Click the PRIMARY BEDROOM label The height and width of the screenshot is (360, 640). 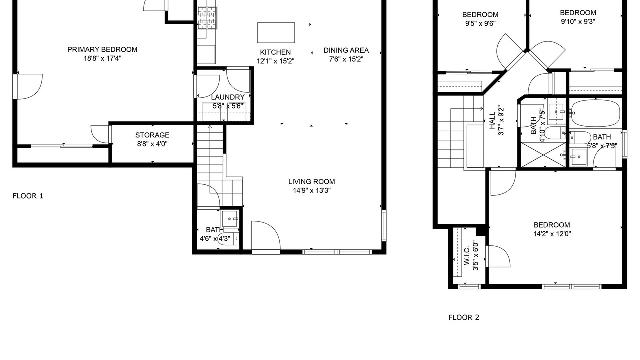(x=102, y=49)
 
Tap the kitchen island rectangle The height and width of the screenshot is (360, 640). (x=276, y=33)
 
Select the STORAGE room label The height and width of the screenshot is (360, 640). (x=152, y=135)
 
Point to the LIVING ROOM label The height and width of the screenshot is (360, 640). (x=311, y=181)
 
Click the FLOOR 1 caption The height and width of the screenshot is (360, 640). (x=28, y=196)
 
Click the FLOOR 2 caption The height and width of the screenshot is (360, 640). (x=464, y=317)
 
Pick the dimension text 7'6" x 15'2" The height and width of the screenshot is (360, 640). (x=346, y=59)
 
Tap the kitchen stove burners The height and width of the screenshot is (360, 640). (x=207, y=18)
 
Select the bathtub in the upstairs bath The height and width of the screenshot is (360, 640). (x=596, y=113)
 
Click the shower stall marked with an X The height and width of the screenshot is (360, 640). (x=543, y=155)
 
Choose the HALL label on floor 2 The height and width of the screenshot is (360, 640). (x=492, y=120)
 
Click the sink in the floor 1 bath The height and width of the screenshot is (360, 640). (x=230, y=219)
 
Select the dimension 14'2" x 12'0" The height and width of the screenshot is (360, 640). (x=552, y=234)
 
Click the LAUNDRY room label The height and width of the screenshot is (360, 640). (x=228, y=97)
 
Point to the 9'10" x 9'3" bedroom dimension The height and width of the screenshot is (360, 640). (x=578, y=21)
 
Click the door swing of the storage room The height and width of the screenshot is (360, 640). (x=100, y=134)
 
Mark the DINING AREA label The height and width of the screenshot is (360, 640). (x=346, y=50)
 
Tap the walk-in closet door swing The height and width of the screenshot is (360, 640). (x=498, y=256)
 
